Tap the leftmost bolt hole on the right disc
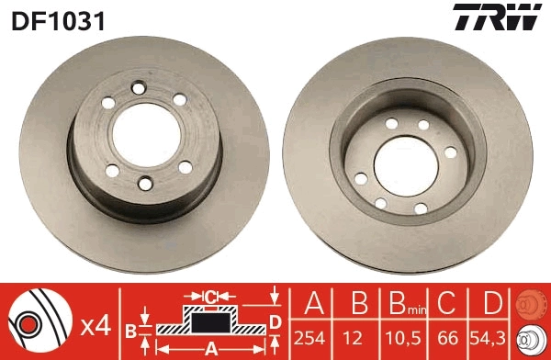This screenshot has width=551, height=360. click(x=360, y=178)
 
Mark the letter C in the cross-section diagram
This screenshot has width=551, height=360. click(x=209, y=296)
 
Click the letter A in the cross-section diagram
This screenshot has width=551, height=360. click(x=209, y=348)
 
